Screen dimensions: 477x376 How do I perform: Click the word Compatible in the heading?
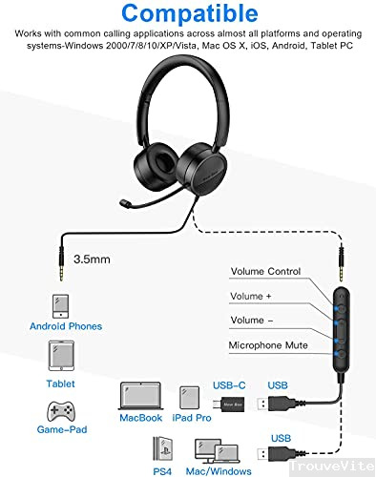coord(187,15)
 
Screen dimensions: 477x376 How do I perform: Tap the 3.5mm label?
coord(91,258)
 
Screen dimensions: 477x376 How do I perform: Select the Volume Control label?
coord(264,272)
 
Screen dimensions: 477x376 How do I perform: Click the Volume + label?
coord(250,296)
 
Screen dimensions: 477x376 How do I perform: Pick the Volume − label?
coord(250,321)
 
